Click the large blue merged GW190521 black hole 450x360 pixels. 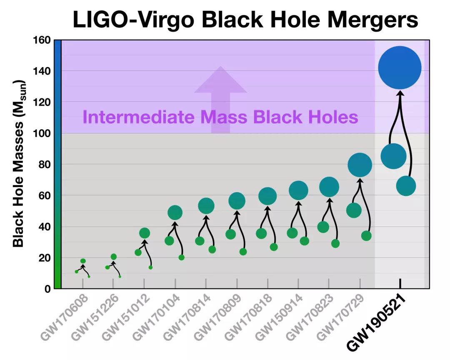point(400,67)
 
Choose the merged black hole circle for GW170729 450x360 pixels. point(360,165)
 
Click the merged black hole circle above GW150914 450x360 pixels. point(298,190)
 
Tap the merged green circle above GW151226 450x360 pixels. point(113,257)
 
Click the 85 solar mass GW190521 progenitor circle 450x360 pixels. point(393,156)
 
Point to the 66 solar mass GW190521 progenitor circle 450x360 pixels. point(406,186)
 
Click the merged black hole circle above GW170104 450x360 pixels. point(175,212)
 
